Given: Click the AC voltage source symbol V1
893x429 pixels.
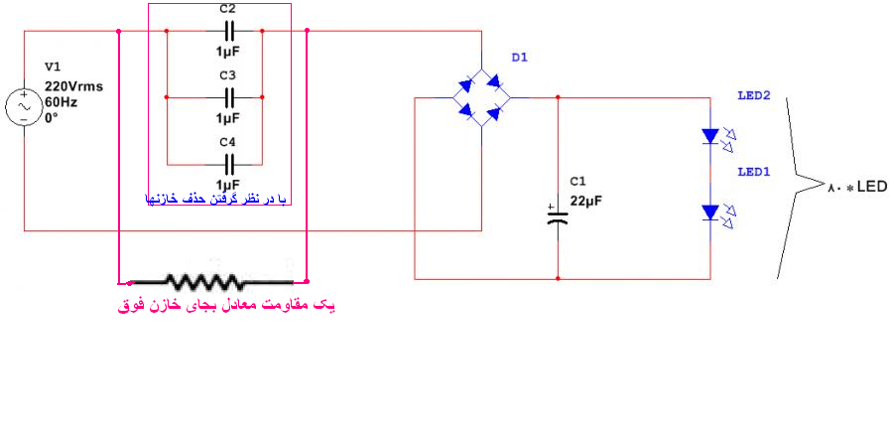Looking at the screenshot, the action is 24,107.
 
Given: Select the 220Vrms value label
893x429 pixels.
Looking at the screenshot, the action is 74,87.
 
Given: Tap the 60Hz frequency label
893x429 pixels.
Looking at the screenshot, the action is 61,103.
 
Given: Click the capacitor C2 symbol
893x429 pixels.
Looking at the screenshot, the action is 229,32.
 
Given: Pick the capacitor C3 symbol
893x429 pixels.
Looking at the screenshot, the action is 229,97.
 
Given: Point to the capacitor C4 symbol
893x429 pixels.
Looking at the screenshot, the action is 229,164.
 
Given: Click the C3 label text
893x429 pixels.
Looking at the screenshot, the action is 228,75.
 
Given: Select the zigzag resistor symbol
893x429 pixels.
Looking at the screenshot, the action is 212,281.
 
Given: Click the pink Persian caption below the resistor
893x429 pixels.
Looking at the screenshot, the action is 226,306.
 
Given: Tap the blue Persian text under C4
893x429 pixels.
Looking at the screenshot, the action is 215,199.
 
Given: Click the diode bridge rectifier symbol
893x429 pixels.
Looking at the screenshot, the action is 482,98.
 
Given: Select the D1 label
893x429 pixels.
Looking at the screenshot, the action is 519,58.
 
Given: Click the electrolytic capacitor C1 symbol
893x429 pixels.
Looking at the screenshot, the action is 558,215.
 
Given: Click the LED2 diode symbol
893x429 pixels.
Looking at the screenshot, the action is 716,137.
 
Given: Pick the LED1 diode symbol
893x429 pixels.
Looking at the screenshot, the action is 716,214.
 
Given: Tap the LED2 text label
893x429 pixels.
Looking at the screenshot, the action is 754,95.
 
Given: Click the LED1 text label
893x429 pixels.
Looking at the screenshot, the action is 754,172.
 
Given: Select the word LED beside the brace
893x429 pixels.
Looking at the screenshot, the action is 872,187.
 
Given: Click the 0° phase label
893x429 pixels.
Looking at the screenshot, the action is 52,119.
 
